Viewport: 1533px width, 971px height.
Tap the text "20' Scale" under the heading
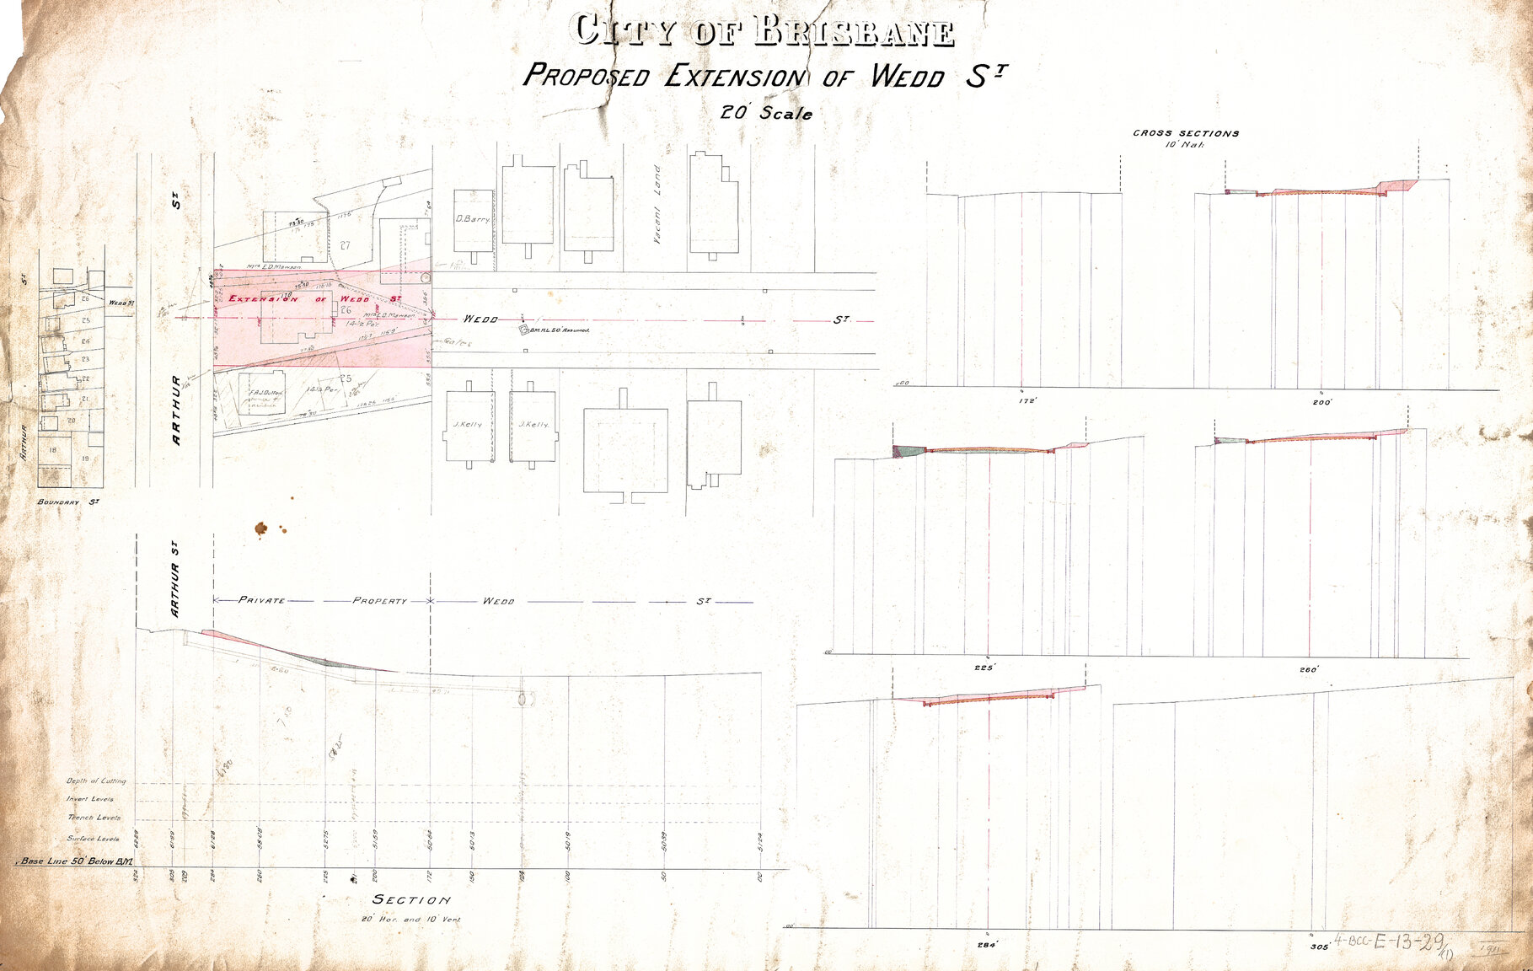point(766,113)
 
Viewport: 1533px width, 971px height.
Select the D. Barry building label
point(472,219)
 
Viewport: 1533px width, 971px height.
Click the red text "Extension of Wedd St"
point(314,299)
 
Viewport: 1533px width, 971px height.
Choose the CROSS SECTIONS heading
point(1186,133)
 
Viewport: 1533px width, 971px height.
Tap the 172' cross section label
point(1026,401)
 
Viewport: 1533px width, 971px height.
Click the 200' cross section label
point(1321,402)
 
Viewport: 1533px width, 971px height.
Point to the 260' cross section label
point(1308,670)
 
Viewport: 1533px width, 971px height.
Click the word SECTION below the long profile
point(411,900)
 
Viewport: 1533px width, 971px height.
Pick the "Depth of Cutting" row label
point(96,781)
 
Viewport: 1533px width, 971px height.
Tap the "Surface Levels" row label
point(94,839)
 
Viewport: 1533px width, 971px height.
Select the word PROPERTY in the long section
point(379,601)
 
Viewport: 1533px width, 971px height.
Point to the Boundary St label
point(69,502)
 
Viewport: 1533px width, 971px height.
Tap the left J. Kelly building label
point(467,425)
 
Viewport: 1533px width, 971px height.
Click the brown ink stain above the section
point(262,528)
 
